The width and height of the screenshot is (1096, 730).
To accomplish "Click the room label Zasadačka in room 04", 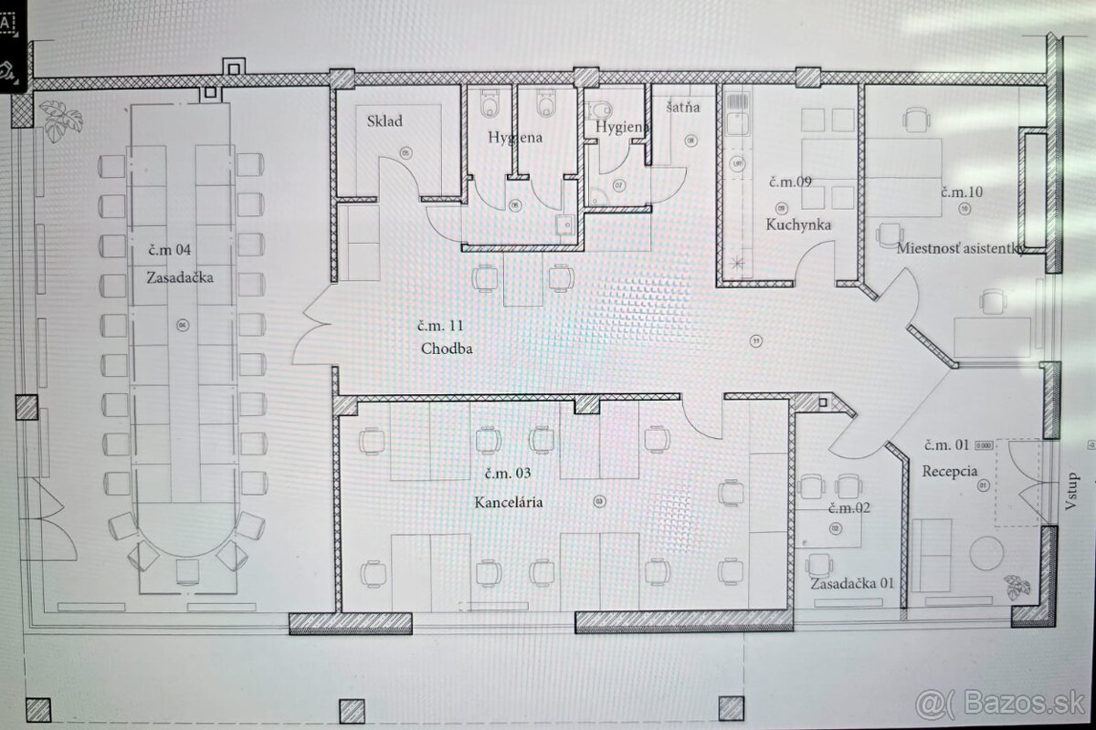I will [x=179, y=276].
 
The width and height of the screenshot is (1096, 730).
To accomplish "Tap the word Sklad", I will [x=385, y=120].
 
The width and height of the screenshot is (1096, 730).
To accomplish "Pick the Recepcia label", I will [x=950, y=472].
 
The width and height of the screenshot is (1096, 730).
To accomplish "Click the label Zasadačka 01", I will [x=851, y=583].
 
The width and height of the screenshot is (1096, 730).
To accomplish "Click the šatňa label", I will [x=682, y=107].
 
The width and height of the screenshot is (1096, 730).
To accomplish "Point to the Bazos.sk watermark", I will [x=999, y=702].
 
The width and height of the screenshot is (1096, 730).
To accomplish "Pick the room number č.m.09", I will [x=790, y=181].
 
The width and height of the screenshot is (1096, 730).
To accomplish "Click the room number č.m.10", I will [x=962, y=192].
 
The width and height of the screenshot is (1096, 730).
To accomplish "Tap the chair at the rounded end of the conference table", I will [x=187, y=570].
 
